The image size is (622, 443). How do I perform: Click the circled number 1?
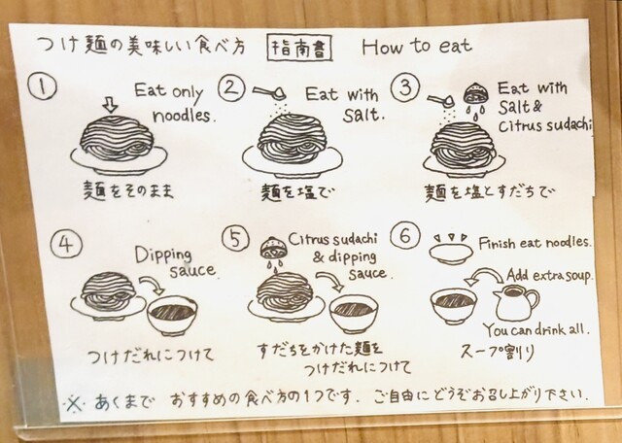(x=42, y=87)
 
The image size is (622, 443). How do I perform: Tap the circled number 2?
(x=231, y=87)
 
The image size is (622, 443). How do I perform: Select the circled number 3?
(x=405, y=88)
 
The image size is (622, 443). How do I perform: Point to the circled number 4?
(x=66, y=244)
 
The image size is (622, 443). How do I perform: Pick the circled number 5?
(x=235, y=239)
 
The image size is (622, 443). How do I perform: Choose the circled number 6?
(x=405, y=235)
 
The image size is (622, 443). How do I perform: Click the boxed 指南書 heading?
(x=299, y=48)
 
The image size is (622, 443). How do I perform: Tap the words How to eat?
(x=417, y=47)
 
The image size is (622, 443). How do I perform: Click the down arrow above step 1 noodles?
(x=110, y=105)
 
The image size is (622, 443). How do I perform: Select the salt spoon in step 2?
(x=270, y=93)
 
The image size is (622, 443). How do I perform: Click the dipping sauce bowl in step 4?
(x=172, y=316)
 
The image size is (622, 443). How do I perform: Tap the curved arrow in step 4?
(x=152, y=284)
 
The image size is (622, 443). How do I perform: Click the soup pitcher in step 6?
(x=516, y=303)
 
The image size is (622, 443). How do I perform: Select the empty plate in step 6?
(x=451, y=254)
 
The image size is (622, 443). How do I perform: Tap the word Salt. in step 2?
(x=363, y=115)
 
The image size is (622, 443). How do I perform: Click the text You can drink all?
(x=536, y=330)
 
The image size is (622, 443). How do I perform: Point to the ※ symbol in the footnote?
(x=74, y=403)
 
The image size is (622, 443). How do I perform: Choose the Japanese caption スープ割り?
(x=498, y=352)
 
